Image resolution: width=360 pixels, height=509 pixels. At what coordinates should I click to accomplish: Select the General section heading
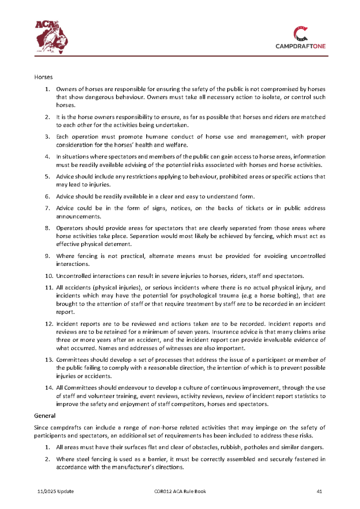click(45, 415)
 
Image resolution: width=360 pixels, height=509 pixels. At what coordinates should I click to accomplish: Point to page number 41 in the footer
click(320, 492)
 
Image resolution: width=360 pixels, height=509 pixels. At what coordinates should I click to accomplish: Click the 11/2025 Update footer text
click(56, 492)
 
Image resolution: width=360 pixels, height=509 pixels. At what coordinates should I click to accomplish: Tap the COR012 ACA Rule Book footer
click(180, 492)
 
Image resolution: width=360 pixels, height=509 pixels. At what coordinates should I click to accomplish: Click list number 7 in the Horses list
click(47, 207)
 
